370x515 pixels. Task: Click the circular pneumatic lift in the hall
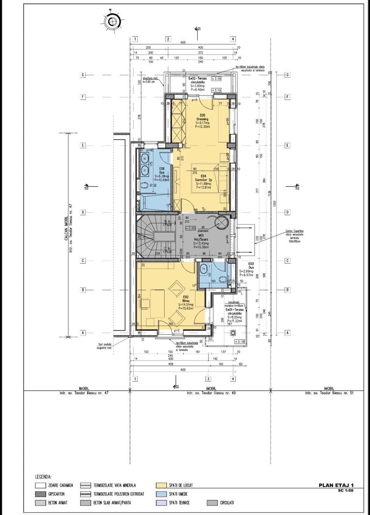tap(222, 223)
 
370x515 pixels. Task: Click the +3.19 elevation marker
tap(217, 90)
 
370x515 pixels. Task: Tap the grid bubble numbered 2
tap(168, 39)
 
